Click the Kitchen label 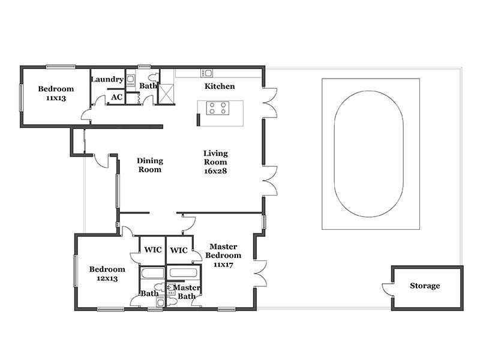[220, 86]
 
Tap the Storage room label [425, 286]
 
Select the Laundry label [107, 79]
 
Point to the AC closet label [116, 97]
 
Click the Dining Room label [149, 165]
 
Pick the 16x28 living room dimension [215, 171]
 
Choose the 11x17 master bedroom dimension [223, 265]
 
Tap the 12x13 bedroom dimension [107, 278]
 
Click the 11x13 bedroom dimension [56, 98]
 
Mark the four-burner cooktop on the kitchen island [218, 109]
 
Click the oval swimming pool [368, 154]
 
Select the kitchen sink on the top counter [206, 73]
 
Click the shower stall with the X [167, 94]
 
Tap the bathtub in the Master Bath [183, 273]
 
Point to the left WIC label [153, 250]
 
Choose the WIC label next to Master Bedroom [179, 250]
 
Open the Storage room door [387, 290]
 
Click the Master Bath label [187, 292]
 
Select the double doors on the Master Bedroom [260, 274]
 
